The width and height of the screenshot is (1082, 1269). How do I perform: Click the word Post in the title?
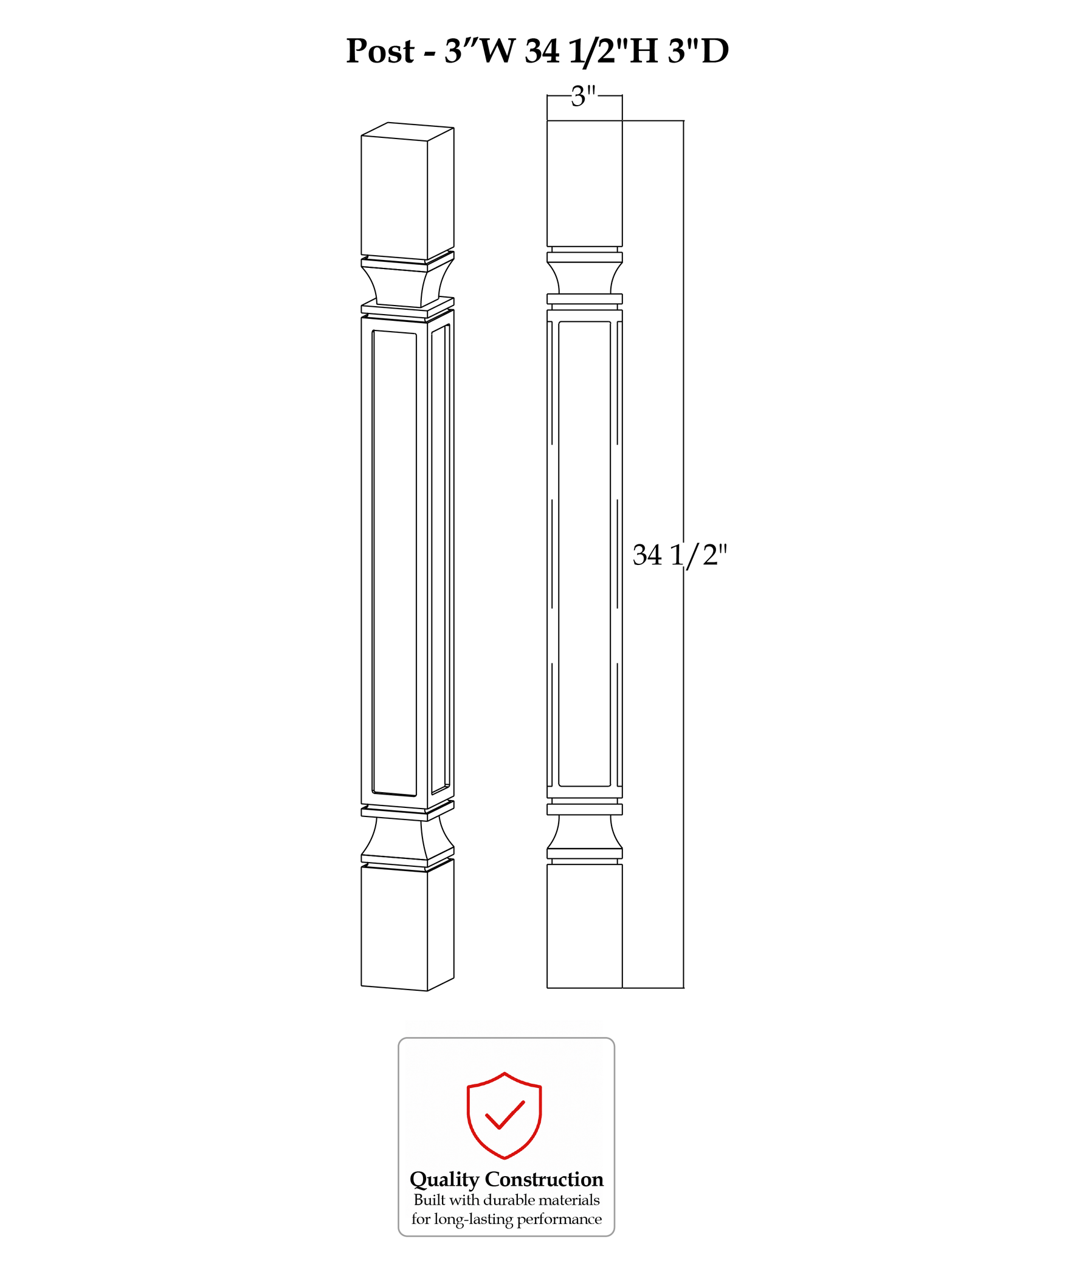pos(380,51)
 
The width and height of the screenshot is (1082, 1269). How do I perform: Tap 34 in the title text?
pos(542,51)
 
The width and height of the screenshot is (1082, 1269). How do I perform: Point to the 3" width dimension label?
pos(584,97)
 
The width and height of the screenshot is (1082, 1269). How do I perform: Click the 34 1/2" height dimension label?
pos(680,555)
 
